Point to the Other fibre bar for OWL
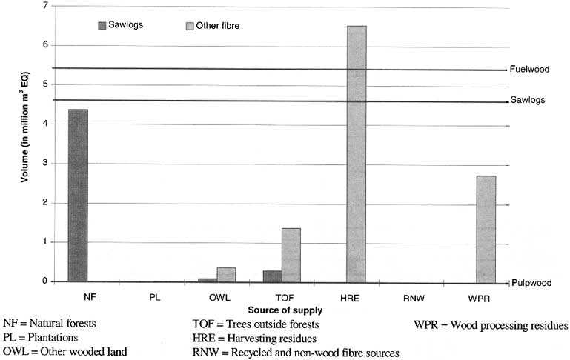point(226,274)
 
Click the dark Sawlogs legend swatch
point(102,25)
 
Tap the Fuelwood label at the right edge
point(529,70)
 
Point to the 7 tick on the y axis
point(45,6)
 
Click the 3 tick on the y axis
point(45,163)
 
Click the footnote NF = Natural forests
point(50,324)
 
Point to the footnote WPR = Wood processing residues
point(490,325)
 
